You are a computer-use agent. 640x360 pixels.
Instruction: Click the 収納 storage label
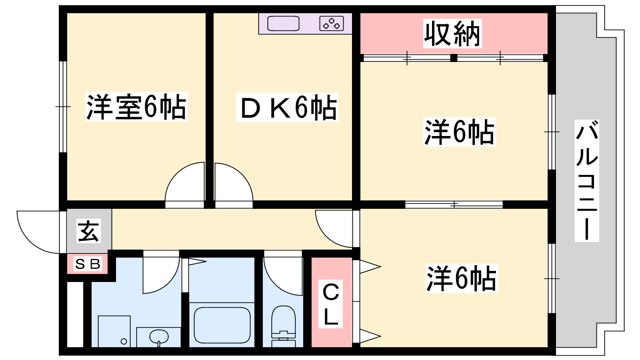452,34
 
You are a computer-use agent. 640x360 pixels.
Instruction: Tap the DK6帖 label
287,108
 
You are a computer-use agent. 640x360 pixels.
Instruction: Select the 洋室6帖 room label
136,106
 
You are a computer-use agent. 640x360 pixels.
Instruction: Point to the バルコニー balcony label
587,180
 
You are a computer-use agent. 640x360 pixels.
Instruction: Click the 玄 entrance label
88,231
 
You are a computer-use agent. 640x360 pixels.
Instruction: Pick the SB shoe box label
88,264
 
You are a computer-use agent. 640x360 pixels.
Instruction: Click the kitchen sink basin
283,24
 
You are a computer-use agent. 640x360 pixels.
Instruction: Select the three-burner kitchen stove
332,24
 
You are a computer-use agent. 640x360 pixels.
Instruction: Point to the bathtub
222,325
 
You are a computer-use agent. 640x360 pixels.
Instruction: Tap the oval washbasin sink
159,336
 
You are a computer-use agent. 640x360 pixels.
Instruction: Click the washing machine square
114,332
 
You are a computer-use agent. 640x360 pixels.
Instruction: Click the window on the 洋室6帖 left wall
63,106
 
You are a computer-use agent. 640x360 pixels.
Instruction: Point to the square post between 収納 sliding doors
454,58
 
